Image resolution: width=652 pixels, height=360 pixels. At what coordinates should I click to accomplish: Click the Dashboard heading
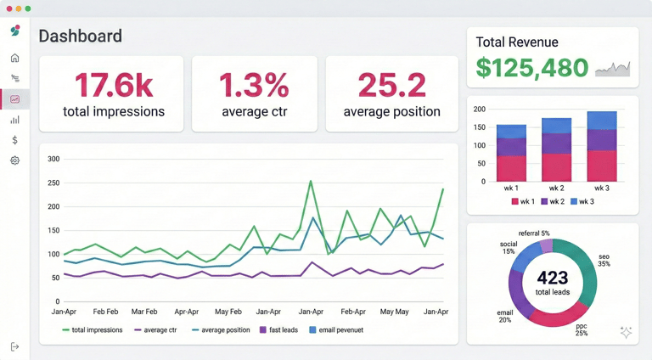pyautogui.click(x=81, y=37)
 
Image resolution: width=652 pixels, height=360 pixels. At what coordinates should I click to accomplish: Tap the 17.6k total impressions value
pyautogui.click(x=114, y=86)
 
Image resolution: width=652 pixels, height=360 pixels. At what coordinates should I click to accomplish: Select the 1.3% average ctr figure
pyautogui.click(x=254, y=86)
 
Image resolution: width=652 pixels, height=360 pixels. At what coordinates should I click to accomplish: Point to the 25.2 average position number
pyautogui.click(x=391, y=86)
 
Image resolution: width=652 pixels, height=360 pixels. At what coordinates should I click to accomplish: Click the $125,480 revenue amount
pyautogui.click(x=532, y=68)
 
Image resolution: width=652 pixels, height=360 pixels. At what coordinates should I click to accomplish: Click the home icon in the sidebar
pyautogui.click(x=15, y=58)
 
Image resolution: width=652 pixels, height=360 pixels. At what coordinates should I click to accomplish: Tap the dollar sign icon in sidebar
pyautogui.click(x=15, y=140)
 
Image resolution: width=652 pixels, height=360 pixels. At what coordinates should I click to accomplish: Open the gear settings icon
pyautogui.click(x=15, y=160)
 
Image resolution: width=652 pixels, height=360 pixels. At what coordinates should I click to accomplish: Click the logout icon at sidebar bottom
pyautogui.click(x=15, y=346)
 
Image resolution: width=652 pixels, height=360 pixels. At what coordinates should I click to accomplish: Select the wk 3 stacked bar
pyautogui.click(x=602, y=146)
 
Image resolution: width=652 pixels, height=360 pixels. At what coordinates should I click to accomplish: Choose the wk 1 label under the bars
pyautogui.click(x=511, y=188)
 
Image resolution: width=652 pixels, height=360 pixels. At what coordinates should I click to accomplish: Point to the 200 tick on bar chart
pyautogui.click(x=479, y=110)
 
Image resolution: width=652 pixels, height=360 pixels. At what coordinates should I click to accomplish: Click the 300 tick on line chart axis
pyautogui.click(x=53, y=159)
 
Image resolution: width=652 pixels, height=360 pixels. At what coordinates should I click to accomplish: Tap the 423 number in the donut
pyautogui.click(x=552, y=278)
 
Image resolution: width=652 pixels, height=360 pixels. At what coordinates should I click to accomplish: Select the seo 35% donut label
pyautogui.click(x=604, y=259)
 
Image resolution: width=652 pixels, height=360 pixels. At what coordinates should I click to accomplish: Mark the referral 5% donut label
pyautogui.click(x=534, y=233)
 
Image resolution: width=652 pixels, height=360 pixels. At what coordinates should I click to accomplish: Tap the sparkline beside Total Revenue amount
pyautogui.click(x=613, y=69)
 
